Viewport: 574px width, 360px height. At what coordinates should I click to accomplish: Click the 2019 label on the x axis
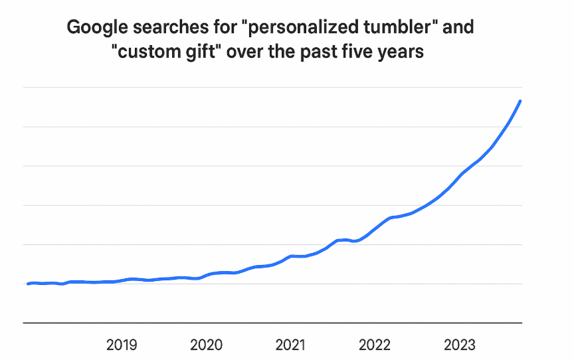pos(122,345)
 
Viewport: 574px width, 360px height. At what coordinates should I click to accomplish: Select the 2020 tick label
pos(206,345)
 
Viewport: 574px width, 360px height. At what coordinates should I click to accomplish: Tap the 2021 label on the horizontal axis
pos(290,345)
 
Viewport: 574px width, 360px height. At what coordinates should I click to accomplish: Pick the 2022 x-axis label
pos(375,345)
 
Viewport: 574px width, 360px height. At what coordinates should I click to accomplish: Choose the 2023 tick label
pos(459,345)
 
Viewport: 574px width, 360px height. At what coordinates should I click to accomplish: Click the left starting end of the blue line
pos(27,284)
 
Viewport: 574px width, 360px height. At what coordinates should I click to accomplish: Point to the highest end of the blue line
pos(520,101)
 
